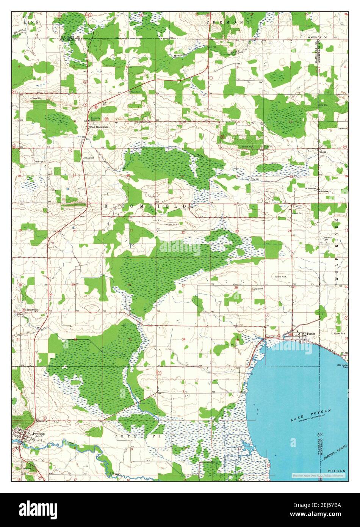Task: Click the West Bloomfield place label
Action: (99, 127)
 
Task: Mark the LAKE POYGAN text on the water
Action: (311, 415)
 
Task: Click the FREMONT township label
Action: (228, 22)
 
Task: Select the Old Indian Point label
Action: (343, 366)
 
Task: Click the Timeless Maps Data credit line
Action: (318, 475)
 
